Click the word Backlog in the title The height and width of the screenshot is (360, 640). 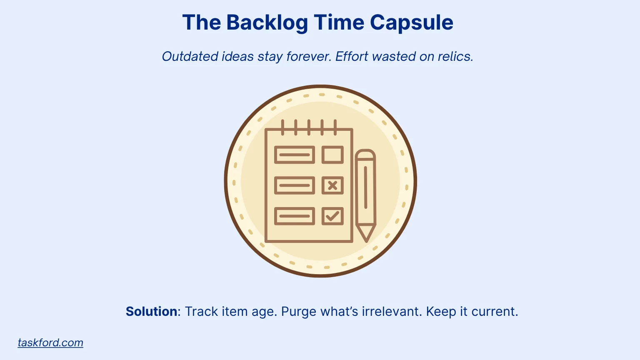pyautogui.click(x=267, y=22)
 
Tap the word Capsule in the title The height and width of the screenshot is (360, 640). pyautogui.click(x=411, y=22)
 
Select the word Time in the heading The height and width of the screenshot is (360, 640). pyautogui.click(x=339, y=22)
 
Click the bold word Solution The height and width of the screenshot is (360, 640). pyautogui.click(x=151, y=311)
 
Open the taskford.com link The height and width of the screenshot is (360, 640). pyautogui.click(x=50, y=342)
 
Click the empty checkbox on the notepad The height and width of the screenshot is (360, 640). pyautogui.click(x=332, y=155)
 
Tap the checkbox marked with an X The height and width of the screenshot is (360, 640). pyautogui.click(x=332, y=185)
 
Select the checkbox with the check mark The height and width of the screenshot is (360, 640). pyautogui.click(x=332, y=216)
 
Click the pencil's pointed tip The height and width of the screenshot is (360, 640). pyautogui.click(x=367, y=241)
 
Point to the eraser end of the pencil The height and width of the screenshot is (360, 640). pyautogui.click(x=365, y=154)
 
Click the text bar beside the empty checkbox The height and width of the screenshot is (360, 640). pyautogui.click(x=295, y=155)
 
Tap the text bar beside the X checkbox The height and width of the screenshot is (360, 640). pyautogui.click(x=295, y=185)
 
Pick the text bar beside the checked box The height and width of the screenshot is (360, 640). pyautogui.click(x=295, y=216)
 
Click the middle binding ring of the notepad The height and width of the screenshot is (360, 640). pyautogui.click(x=309, y=127)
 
